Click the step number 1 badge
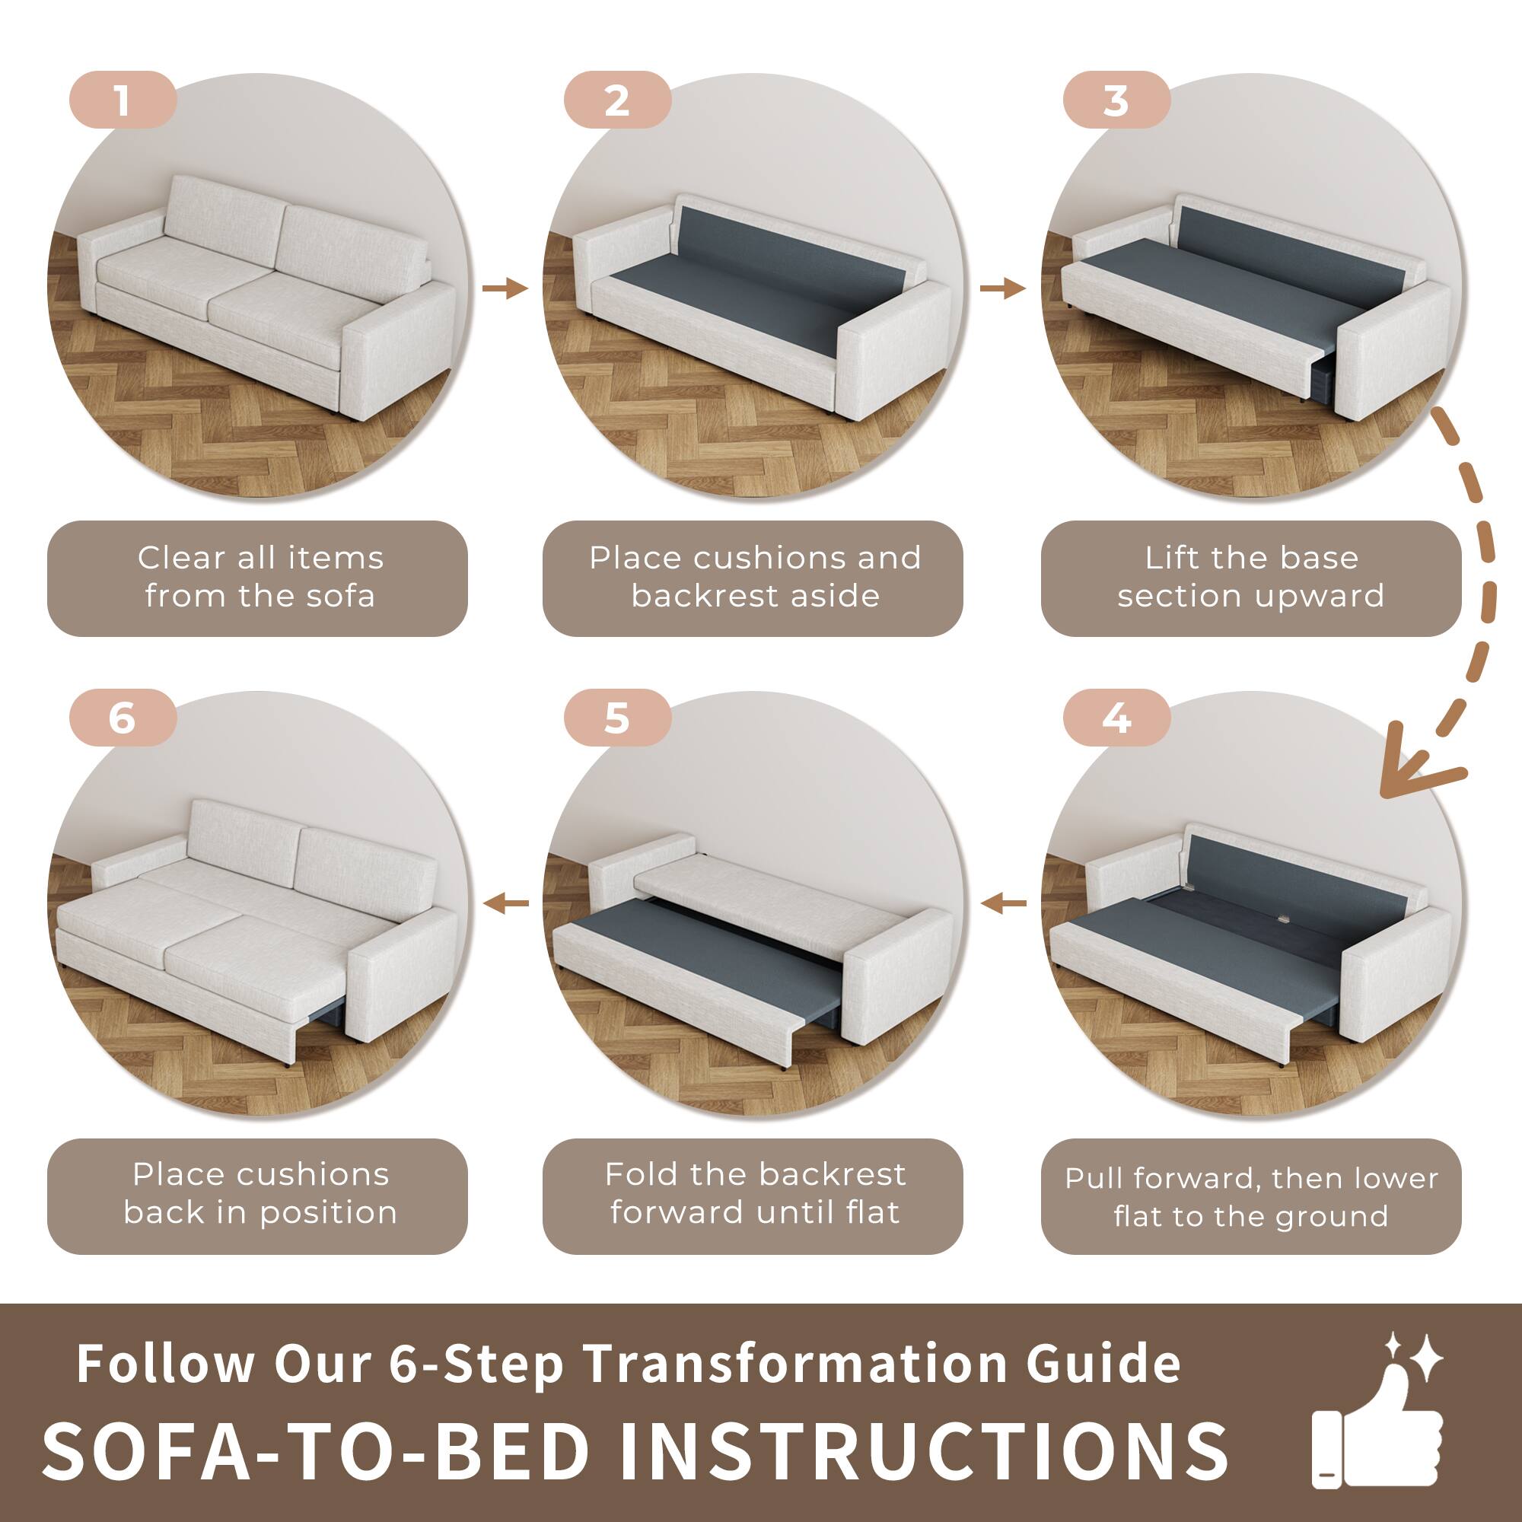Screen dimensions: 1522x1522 click(x=122, y=100)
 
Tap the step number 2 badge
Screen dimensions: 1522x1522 click(x=617, y=100)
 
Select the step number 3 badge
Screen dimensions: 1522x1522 click(x=1116, y=100)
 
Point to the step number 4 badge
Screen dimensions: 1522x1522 click(x=1116, y=718)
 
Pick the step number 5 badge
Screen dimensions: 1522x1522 click(x=617, y=718)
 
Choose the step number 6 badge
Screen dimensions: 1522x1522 click(x=122, y=718)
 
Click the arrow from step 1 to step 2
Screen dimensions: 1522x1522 click(x=505, y=288)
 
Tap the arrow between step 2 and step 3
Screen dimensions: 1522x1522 click(x=1002, y=288)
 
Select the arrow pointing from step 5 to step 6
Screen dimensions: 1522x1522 click(x=506, y=903)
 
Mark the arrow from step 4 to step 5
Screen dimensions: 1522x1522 click(x=1004, y=903)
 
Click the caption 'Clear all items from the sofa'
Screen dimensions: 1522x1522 click(x=260, y=577)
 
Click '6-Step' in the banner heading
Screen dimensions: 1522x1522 click(x=475, y=1364)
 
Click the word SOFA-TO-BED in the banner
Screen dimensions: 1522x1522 click(x=315, y=1450)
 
